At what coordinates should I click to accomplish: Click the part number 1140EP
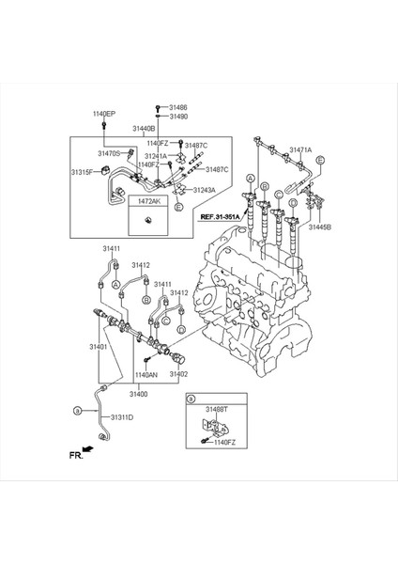click(103, 114)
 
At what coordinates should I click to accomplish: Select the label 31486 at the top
click(178, 107)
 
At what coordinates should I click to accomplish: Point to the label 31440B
click(144, 128)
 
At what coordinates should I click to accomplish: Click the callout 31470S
click(109, 152)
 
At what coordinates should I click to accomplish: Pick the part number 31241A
click(156, 156)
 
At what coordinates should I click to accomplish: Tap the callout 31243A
click(204, 190)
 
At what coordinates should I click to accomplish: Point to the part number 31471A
click(301, 149)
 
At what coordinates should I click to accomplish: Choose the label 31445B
click(321, 227)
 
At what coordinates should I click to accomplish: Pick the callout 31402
click(178, 374)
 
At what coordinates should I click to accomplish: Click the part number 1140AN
click(146, 374)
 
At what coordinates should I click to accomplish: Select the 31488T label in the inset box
click(219, 410)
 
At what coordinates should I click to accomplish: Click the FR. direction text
click(76, 455)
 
